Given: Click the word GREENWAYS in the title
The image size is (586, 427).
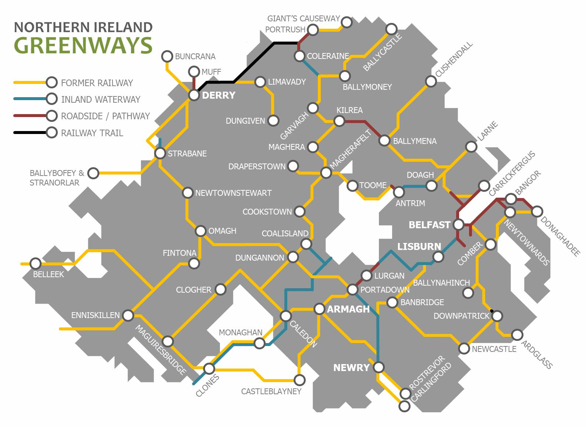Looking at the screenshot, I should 83,46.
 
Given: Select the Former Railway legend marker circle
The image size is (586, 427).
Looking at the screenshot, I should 52,82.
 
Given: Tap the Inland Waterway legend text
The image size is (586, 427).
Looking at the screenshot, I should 100,99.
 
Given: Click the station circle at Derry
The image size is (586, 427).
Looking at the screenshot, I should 194,95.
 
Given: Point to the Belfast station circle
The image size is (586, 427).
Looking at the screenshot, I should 459,224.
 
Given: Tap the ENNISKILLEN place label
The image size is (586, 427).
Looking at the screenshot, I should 95,315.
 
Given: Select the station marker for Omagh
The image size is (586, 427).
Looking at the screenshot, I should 200,231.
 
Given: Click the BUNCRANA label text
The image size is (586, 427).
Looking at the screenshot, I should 195,57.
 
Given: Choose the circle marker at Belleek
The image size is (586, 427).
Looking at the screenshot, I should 36,264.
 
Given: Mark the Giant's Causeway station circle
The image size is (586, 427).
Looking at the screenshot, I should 347,22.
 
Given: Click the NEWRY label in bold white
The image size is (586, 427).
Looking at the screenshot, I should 351,367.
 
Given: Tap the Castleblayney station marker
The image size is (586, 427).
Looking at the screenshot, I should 300,380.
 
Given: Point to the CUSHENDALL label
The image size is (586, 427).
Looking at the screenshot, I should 454,60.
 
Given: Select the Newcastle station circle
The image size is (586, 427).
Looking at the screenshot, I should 464,348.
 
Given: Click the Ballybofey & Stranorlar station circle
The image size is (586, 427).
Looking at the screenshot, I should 93,173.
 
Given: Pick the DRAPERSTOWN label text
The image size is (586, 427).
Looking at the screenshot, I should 256,166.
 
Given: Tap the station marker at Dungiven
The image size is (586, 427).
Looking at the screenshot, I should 273,120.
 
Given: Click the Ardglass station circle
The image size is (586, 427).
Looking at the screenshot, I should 517,335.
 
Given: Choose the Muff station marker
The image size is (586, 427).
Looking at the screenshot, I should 194,71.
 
